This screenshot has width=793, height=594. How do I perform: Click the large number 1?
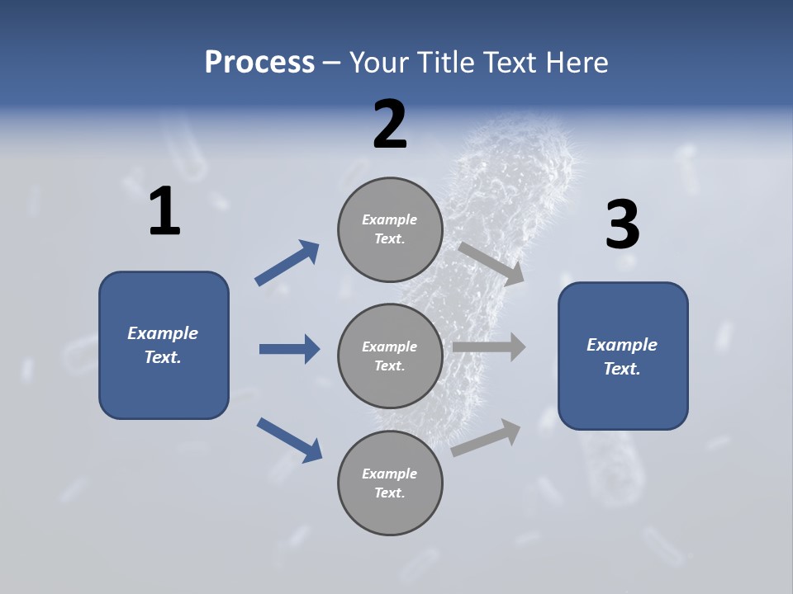164,212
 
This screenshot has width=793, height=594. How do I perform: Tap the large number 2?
390,125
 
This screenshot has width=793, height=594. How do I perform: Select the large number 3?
622,224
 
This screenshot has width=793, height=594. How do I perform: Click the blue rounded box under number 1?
164,345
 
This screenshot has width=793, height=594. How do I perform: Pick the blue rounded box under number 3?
623,356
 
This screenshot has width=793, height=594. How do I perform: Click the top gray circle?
390,229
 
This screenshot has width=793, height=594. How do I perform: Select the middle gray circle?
390,356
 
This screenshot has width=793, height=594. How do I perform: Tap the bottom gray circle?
390,483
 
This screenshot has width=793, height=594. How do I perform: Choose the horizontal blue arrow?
289,349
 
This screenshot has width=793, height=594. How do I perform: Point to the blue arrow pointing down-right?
290,440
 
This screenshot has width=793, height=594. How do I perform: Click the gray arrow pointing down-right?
491,263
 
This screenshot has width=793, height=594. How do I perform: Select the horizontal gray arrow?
489,347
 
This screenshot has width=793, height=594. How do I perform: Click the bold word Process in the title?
259,62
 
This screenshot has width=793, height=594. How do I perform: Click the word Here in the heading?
577,62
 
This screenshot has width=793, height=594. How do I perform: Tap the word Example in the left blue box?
163,333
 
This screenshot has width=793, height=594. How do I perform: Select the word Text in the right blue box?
620,369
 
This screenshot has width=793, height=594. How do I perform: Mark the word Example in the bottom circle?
390,474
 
